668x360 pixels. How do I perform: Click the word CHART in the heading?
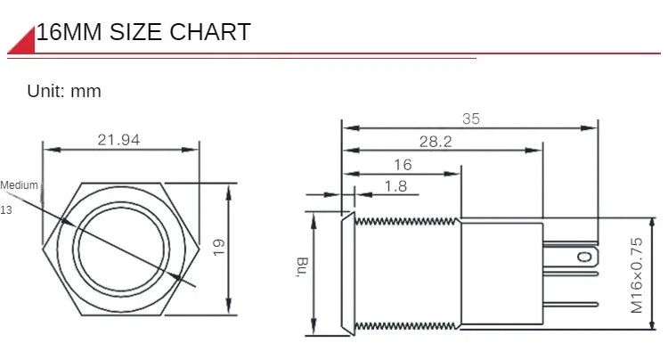[210, 32]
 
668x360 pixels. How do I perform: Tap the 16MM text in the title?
[69, 32]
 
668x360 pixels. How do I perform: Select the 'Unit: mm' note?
[64, 91]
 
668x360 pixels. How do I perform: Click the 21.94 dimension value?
[118, 140]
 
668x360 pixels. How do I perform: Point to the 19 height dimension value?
[218, 247]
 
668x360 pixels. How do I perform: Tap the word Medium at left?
[20, 185]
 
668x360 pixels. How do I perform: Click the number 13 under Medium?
[6, 210]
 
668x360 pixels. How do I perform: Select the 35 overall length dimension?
[471, 119]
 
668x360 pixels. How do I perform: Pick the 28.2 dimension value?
[436, 142]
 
